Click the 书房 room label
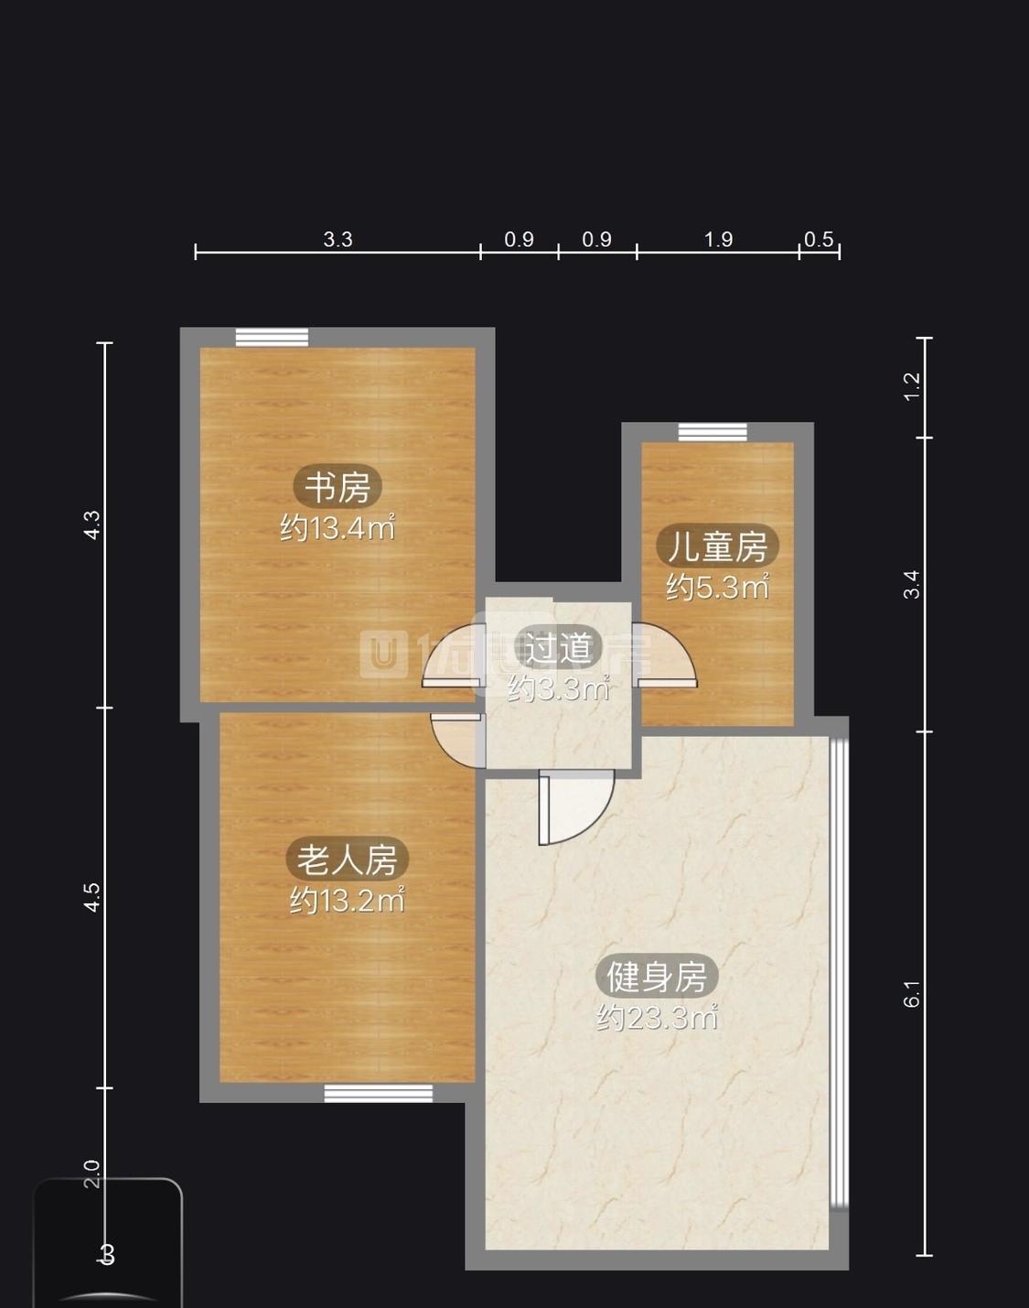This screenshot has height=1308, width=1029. tap(338, 487)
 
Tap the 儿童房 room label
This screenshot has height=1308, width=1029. tap(717, 546)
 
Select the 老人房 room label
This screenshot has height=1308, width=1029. tap(347, 859)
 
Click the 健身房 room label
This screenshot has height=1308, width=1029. tap(657, 977)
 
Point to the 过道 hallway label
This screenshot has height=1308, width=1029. tap(557, 648)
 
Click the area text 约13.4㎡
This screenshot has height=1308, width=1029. tap(338, 528)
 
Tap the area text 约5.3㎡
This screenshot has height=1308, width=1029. tap(717, 587)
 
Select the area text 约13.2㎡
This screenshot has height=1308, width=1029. tap(347, 901)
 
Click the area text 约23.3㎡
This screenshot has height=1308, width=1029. tap(657, 1017)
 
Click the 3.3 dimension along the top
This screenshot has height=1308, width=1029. tap(338, 240)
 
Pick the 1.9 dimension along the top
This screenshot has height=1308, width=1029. tap(718, 240)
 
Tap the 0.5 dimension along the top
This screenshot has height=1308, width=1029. tap(819, 240)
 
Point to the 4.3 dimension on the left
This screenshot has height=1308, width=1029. tap(92, 524)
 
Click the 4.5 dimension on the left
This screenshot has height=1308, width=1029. tap(92, 897)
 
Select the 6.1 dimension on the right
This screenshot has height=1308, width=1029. tap(912, 993)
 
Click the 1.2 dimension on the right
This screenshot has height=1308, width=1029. tap(912, 386)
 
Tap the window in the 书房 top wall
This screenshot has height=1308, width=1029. tap(272, 338)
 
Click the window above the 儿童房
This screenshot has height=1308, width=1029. tap(713, 432)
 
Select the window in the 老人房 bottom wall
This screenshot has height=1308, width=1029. tap(379, 1093)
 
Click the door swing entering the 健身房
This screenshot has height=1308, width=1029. tap(573, 805)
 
